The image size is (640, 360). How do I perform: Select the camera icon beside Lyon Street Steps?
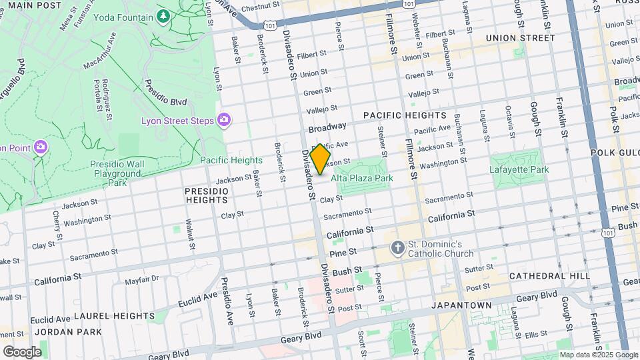click(x=223, y=120)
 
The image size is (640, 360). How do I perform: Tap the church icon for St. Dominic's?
click(x=398, y=248)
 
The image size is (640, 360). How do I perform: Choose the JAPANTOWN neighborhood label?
click(x=461, y=305)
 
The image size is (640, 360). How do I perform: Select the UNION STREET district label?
click(x=520, y=38)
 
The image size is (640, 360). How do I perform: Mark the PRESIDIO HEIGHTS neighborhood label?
click(x=207, y=195)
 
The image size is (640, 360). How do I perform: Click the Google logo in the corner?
click(x=22, y=351)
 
